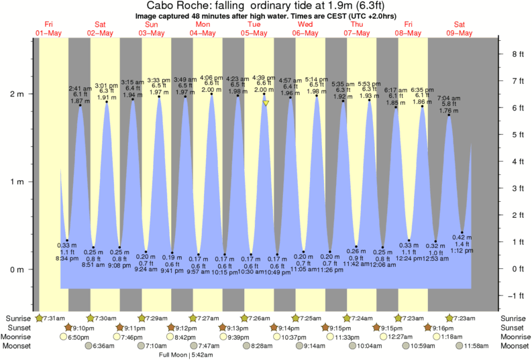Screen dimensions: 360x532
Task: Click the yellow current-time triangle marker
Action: point(266,103)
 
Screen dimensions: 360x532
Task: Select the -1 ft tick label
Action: point(512,296)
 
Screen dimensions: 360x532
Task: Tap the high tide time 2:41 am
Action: point(80,87)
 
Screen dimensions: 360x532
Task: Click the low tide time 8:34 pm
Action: point(67,258)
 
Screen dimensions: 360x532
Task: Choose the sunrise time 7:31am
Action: point(55,318)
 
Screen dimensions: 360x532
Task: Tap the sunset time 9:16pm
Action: point(445,327)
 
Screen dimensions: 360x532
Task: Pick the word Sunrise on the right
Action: point(515,318)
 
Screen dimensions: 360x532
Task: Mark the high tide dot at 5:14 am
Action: point(317,96)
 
